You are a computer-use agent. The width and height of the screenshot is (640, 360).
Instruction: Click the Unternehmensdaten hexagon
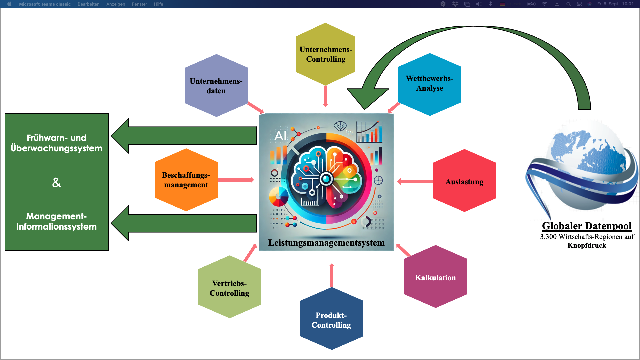[216, 86]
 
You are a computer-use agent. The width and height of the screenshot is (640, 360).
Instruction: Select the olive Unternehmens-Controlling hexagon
[325, 54]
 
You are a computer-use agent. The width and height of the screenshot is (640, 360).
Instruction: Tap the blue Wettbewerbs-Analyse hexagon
[430, 84]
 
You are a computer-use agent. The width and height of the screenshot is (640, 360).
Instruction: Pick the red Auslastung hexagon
[464, 181]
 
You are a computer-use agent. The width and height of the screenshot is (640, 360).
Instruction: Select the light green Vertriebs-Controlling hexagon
[229, 287]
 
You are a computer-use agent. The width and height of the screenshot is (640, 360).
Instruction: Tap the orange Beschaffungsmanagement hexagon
[186, 180]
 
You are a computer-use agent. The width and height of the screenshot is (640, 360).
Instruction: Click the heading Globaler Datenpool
[587, 226]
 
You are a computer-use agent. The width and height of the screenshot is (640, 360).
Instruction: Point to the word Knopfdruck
[587, 246]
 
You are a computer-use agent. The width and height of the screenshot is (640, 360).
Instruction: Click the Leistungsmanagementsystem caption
[326, 243]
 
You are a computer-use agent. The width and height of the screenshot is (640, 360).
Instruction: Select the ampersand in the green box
[57, 182]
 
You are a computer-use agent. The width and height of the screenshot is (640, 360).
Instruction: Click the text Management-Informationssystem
[57, 221]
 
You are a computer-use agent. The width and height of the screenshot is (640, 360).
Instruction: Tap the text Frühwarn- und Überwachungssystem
[57, 143]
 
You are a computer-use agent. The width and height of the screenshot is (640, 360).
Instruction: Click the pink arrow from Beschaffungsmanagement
[236, 180]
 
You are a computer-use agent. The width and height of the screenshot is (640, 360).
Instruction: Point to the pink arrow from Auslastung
[415, 182]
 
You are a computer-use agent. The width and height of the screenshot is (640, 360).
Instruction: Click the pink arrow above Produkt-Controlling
[332, 275]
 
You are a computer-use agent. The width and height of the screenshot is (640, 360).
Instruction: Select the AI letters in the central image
[280, 135]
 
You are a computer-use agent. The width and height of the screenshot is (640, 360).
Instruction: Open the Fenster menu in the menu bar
[139, 4]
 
